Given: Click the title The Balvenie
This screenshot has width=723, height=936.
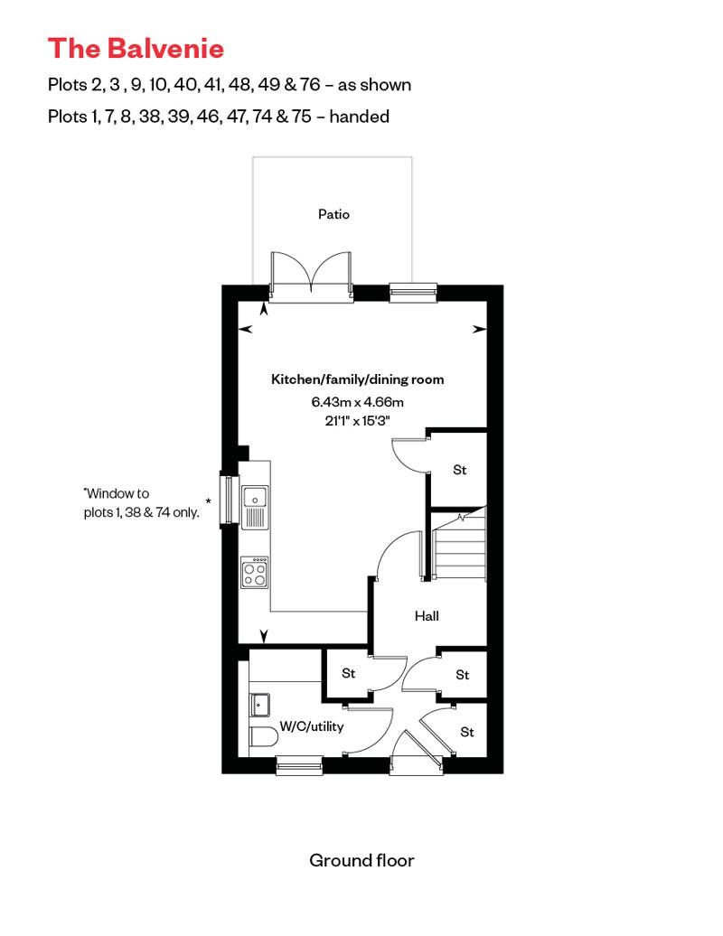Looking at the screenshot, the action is (x=136, y=49).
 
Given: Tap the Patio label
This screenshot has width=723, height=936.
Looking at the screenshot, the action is (x=333, y=214).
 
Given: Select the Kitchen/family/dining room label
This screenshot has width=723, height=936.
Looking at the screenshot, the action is (x=358, y=379).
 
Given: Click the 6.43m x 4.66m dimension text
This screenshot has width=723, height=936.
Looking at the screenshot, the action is (x=358, y=402).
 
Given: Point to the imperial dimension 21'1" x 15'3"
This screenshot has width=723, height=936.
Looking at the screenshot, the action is (x=358, y=421).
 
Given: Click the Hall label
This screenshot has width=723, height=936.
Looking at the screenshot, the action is (x=427, y=616).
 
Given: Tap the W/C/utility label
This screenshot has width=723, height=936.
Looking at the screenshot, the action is (x=312, y=726).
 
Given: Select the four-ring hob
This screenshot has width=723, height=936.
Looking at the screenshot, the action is (x=255, y=573).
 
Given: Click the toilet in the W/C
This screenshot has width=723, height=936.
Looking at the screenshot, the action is (x=264, y=736).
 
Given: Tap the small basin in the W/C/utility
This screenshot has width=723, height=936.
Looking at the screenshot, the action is (x=259, y=705).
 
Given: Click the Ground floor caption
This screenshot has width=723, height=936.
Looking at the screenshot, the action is (x=361, y=860).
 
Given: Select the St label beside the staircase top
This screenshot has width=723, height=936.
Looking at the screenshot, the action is (x=460, y=470).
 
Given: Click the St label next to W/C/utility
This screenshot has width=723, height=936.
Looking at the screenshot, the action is (x=349, y=673).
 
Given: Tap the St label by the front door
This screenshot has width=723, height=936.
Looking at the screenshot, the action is (x=467, y=732).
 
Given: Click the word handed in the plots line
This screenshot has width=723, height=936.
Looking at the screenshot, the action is (x=360, y=116).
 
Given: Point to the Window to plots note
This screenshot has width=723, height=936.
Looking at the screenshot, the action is (x=142, y=502).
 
